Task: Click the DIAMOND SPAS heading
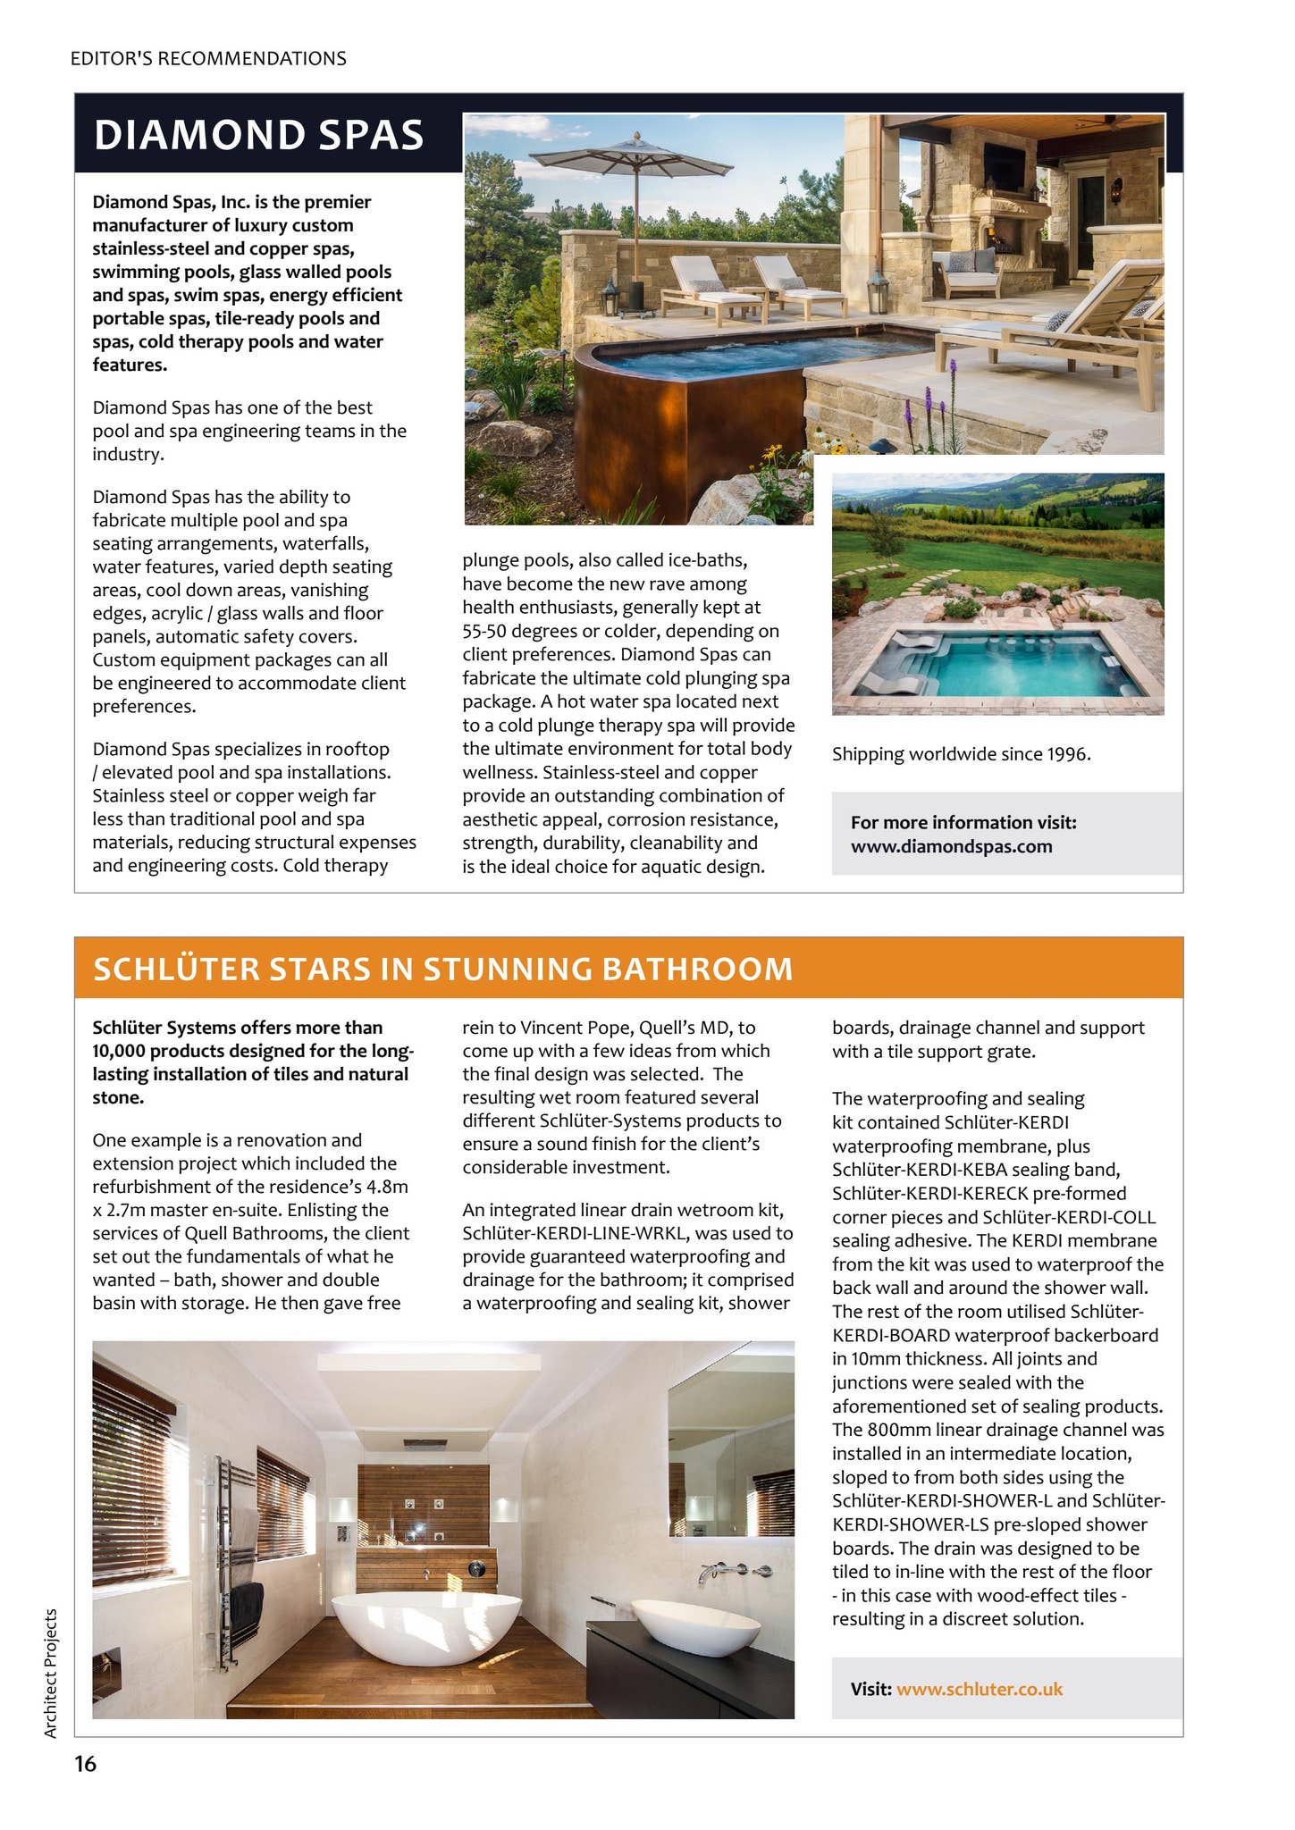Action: pos(258,135)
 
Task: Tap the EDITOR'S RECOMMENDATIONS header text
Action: pos(208,59)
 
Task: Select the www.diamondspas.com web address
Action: pos(951,846)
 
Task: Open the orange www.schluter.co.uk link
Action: pos(979,1689)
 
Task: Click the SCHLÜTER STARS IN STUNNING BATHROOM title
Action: pos(442,969)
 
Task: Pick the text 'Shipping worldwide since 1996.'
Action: pos(961,754)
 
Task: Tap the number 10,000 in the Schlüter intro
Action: pos(122,1051)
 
